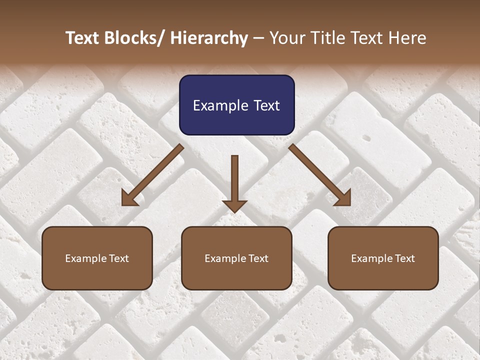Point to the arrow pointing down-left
tap(152, 175)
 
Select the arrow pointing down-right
tap(320, 175)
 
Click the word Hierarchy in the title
tap(209, 38)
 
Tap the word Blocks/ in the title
tap(135, 38)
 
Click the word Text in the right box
tap(405, 258)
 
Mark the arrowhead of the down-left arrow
tap(129, 198)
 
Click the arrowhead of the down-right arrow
tap(343, 198)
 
